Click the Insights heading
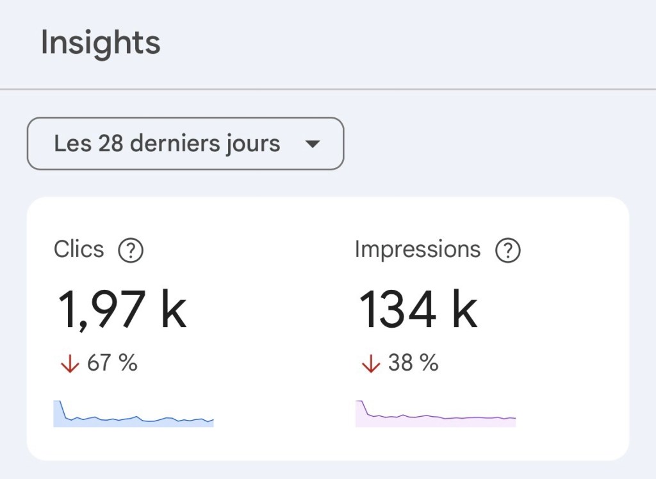(x=101, y=44)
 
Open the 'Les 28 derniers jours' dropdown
(x=185, y=144)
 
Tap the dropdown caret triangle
(x=312, y=144)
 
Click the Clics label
(x=79, y=249)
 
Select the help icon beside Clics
(x=131, y=251)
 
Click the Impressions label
(x=417, y=249)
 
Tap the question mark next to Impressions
(x=508, y=251)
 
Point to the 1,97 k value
(x=122, y=309)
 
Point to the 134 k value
(x=418, y=309)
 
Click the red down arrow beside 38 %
(x=370, y=364)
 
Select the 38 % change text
(x=413, y=364)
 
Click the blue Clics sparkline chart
(x=133, y=415)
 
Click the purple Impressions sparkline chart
(x=436, y=415)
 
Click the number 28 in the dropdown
(x=111, y=144)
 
